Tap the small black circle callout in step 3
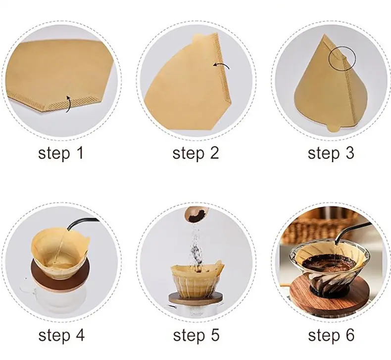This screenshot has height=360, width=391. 342,58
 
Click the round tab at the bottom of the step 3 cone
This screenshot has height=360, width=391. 334,128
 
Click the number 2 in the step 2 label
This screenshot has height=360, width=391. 213,153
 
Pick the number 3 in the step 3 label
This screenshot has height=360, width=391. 349,153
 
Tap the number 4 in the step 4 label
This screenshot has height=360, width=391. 79,335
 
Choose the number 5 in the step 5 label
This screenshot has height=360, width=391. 214,335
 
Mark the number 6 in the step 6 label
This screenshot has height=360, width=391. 349,335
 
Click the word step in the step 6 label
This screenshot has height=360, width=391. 323,336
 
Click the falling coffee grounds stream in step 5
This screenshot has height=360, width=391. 196,247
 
